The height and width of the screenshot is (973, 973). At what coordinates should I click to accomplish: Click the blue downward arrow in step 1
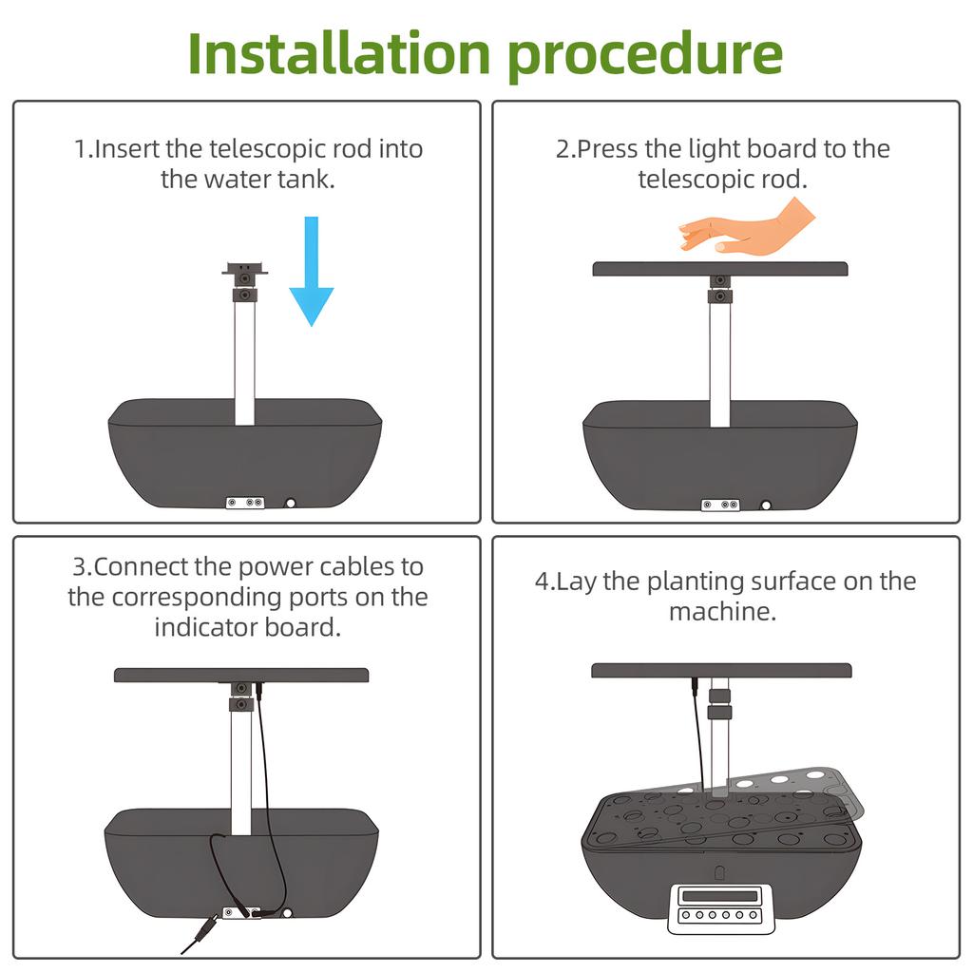[312, 271]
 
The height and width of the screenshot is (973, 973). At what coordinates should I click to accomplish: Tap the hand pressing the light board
[747, 228]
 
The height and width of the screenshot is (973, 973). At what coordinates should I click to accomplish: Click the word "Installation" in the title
[339, 53]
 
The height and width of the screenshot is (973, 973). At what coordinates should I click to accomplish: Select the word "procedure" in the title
[645, 57]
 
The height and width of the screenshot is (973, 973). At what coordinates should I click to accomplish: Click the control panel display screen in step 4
[720, 896]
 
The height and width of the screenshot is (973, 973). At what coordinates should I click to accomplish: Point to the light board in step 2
[720, 269]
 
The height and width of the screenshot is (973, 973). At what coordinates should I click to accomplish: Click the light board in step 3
[241, 676]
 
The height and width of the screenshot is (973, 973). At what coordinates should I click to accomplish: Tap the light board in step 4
[722, 670]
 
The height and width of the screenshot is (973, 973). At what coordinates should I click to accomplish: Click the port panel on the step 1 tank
[245, 502]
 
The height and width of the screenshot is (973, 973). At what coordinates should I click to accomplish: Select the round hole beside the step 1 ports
[290, 504]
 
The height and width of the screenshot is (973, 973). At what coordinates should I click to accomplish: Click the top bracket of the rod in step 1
[245, 270]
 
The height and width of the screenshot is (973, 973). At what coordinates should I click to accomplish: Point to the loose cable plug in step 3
[200, 933]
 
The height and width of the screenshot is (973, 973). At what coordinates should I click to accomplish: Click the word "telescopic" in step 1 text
[267, 149]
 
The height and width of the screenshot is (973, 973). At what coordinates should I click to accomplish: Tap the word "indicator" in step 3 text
[206, 627]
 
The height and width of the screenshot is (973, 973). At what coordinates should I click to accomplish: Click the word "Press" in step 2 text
[607, 149]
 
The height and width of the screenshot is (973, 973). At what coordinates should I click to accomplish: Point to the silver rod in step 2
[720, 364]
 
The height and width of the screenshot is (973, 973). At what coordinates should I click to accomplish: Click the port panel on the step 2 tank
[720, 506]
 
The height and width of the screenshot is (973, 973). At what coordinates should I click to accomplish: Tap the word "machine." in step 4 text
[722, 613]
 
